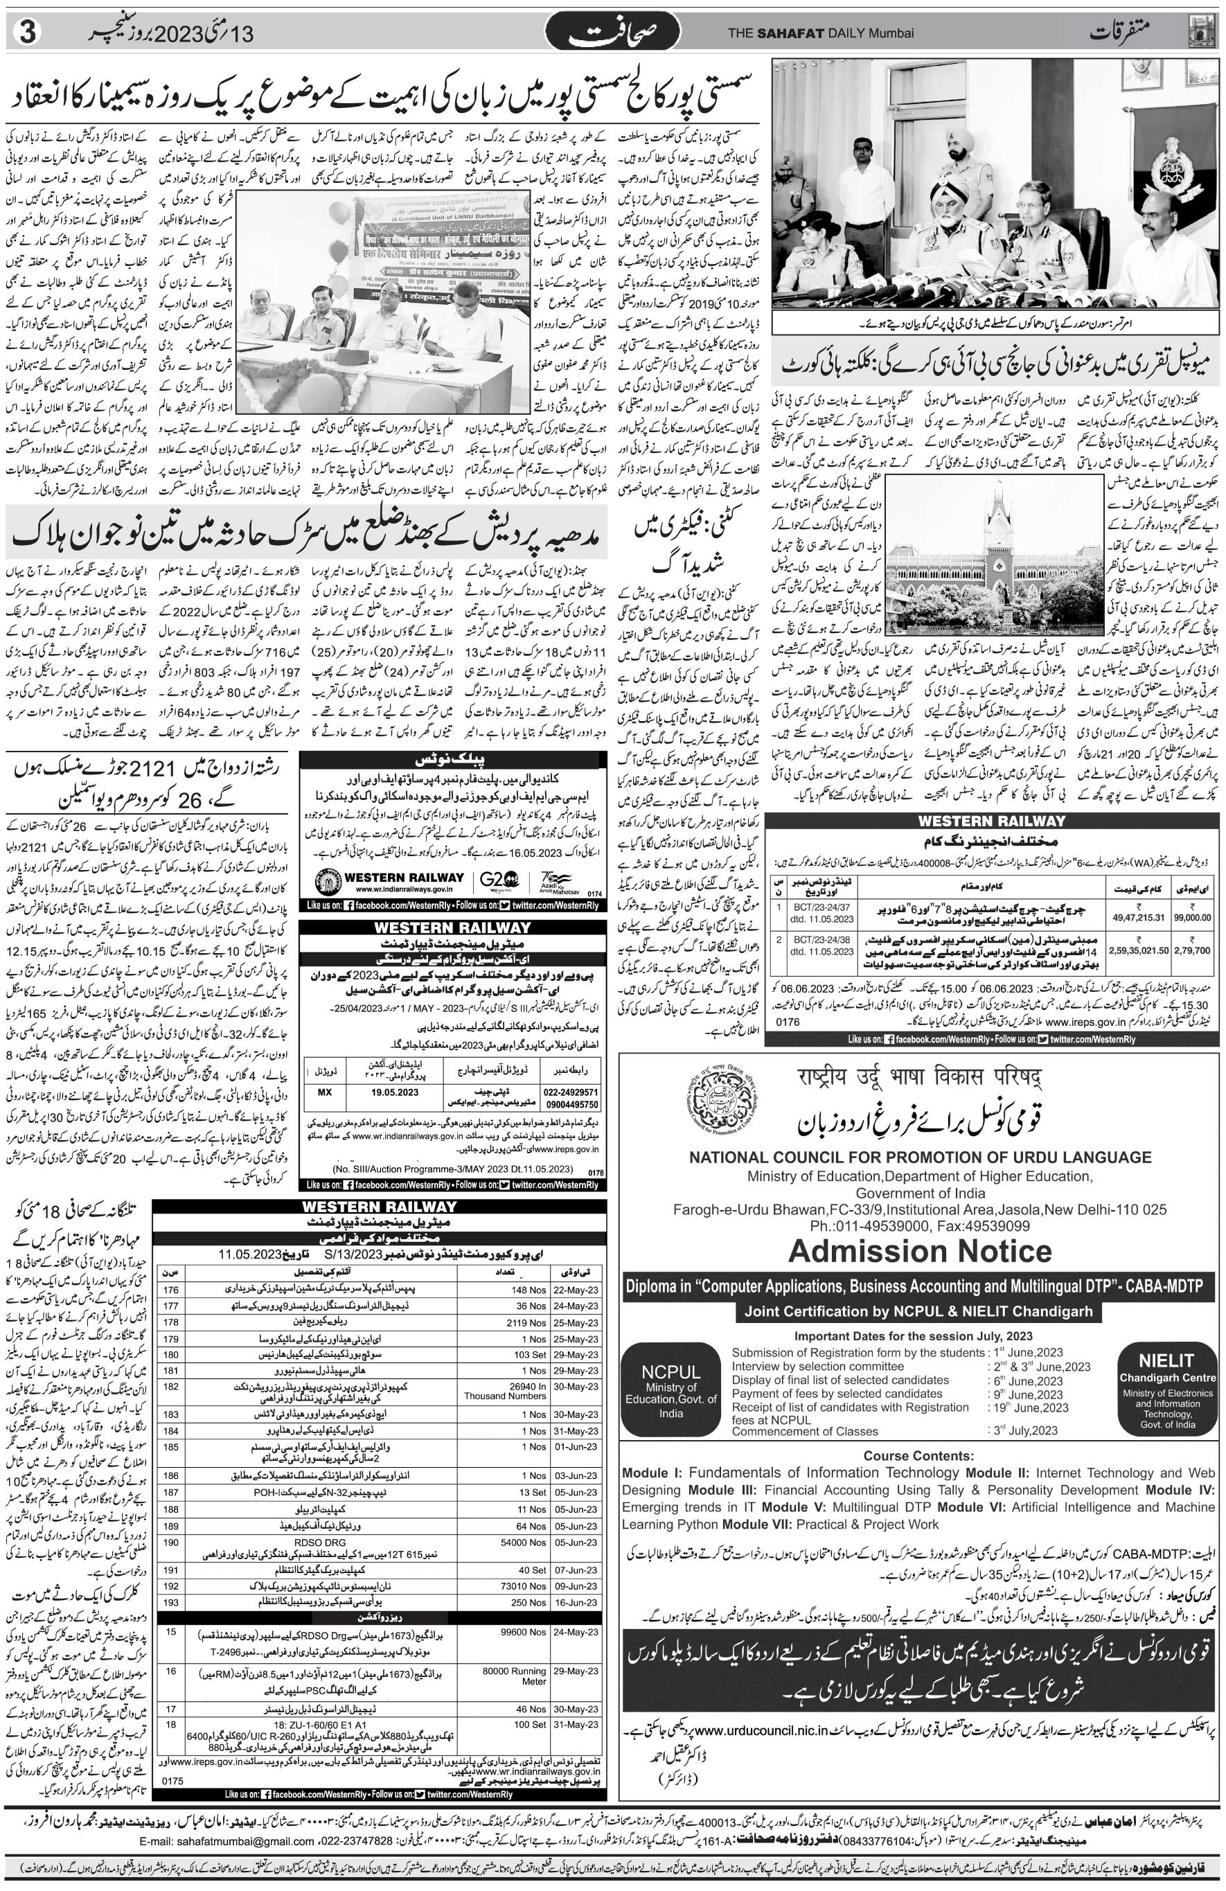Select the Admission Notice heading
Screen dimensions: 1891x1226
click(920, 1250)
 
